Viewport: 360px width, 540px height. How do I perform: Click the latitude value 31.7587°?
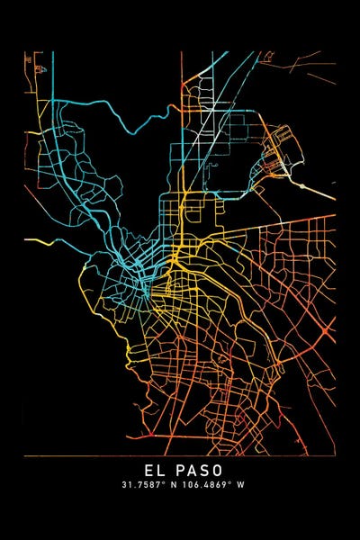pos(144,484)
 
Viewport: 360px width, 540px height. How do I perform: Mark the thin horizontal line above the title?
pos(180,456)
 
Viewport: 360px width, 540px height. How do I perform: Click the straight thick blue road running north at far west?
pos(52,99)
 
